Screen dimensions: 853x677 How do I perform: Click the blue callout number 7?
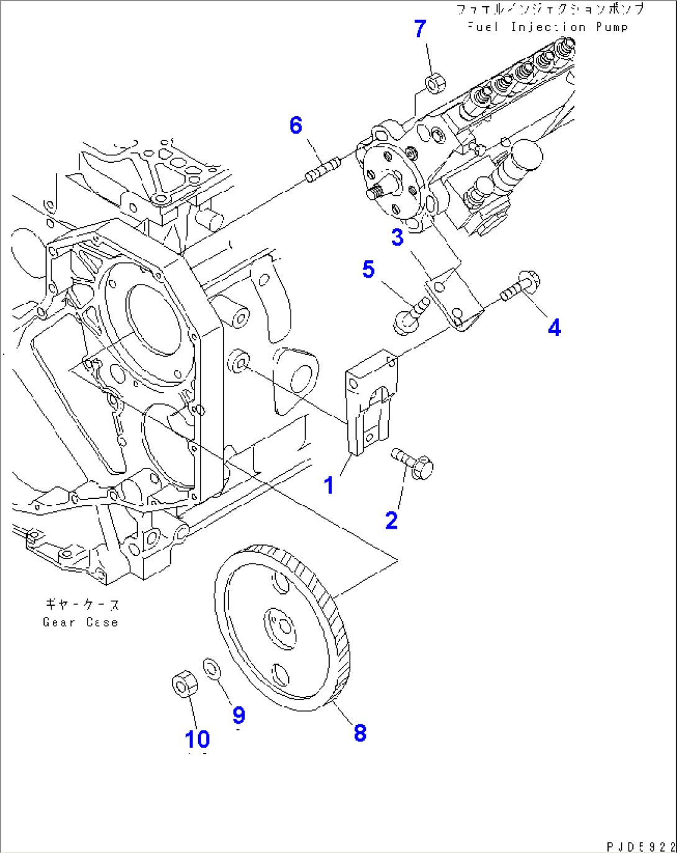[420, 29]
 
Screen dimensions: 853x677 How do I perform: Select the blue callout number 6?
[296, 125]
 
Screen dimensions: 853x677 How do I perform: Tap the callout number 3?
[398, 237]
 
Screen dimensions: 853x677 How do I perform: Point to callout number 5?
[368, 270]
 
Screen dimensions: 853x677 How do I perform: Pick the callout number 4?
[554, 327]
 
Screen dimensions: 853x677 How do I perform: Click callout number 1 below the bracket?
[329, 485]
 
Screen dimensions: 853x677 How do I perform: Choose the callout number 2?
[391, 520]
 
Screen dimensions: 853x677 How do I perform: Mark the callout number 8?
[360, 732]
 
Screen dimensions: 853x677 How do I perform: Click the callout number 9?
[239, 715]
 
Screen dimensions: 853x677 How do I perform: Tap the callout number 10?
[198, 739]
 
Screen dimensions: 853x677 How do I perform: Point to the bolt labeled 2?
[413, 463]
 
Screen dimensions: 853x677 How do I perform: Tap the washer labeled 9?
[212, 670]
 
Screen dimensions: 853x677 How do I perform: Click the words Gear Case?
[80, 622]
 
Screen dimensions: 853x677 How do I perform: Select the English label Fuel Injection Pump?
[547, 27]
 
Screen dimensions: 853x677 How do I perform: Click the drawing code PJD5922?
[640, 846]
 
